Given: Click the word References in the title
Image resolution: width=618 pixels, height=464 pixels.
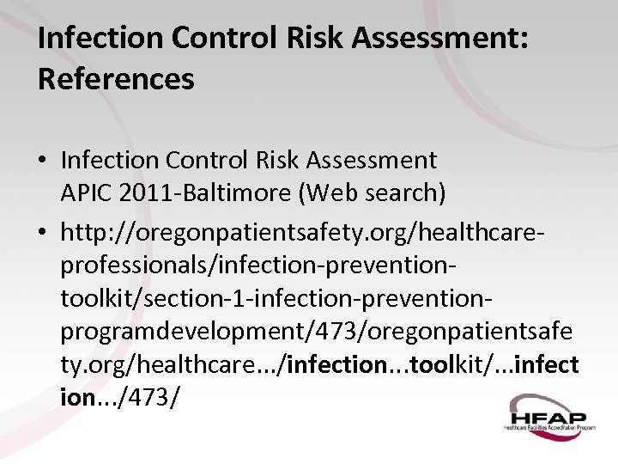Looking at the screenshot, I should (116, 80).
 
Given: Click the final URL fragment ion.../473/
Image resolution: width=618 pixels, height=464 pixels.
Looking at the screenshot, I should (120, 398).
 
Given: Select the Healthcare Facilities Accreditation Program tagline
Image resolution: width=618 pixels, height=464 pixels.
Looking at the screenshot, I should (549, 426).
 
